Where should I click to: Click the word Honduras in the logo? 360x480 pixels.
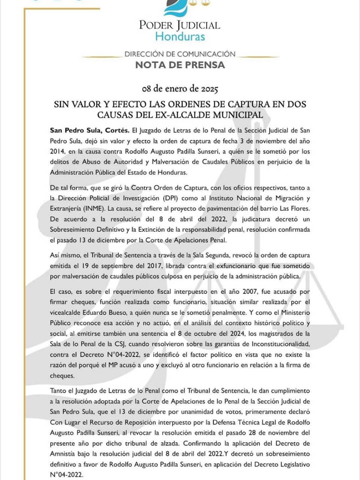point(180,37)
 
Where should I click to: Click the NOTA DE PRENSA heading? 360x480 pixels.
point(180,65)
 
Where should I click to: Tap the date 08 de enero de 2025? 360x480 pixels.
point(180,89)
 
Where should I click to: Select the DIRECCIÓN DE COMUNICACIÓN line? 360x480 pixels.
point(180,54)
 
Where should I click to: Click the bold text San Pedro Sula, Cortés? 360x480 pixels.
point(90,130)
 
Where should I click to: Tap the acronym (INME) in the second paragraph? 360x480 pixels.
point(90,208)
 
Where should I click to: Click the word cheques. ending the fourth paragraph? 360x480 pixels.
point(63,375)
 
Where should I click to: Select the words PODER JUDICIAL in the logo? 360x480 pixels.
point(180,25)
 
